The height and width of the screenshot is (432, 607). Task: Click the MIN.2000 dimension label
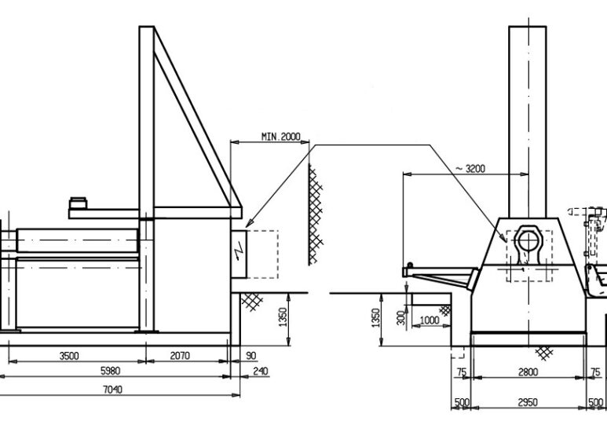[280, 137]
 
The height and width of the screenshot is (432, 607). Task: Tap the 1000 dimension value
[430, 320]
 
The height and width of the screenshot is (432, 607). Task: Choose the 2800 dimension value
[527, 372]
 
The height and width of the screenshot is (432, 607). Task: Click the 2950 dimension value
[527, 403]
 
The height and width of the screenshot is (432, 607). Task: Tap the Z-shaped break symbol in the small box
[240, 253]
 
